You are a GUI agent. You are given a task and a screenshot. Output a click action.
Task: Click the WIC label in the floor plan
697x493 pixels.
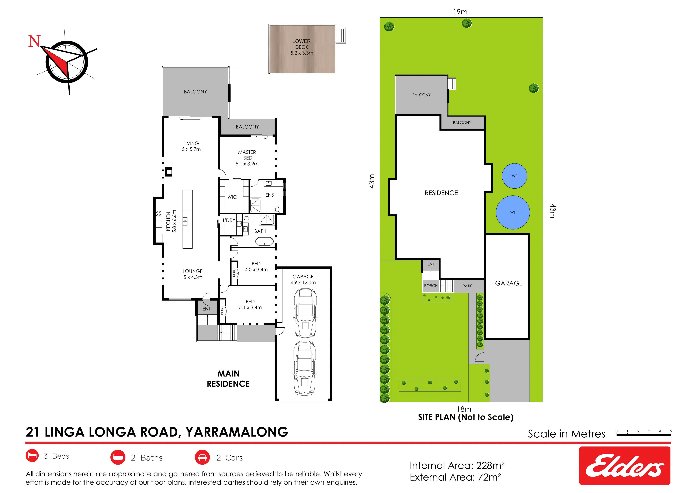point(232,197)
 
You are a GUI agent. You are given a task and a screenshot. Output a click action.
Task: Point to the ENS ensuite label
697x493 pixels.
point(270,195)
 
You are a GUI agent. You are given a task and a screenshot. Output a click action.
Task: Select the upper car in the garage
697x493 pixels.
point(305,313)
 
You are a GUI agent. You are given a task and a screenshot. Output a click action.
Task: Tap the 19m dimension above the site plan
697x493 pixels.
point(460,12)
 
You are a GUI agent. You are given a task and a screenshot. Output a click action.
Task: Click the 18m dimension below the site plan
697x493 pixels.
point(464,409)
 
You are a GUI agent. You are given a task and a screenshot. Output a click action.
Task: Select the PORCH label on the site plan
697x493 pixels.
point(431,286)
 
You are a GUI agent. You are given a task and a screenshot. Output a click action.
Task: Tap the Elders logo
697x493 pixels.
point(625,465)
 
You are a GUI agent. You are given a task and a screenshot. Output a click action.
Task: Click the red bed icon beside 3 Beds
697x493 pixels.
point(32,456)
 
